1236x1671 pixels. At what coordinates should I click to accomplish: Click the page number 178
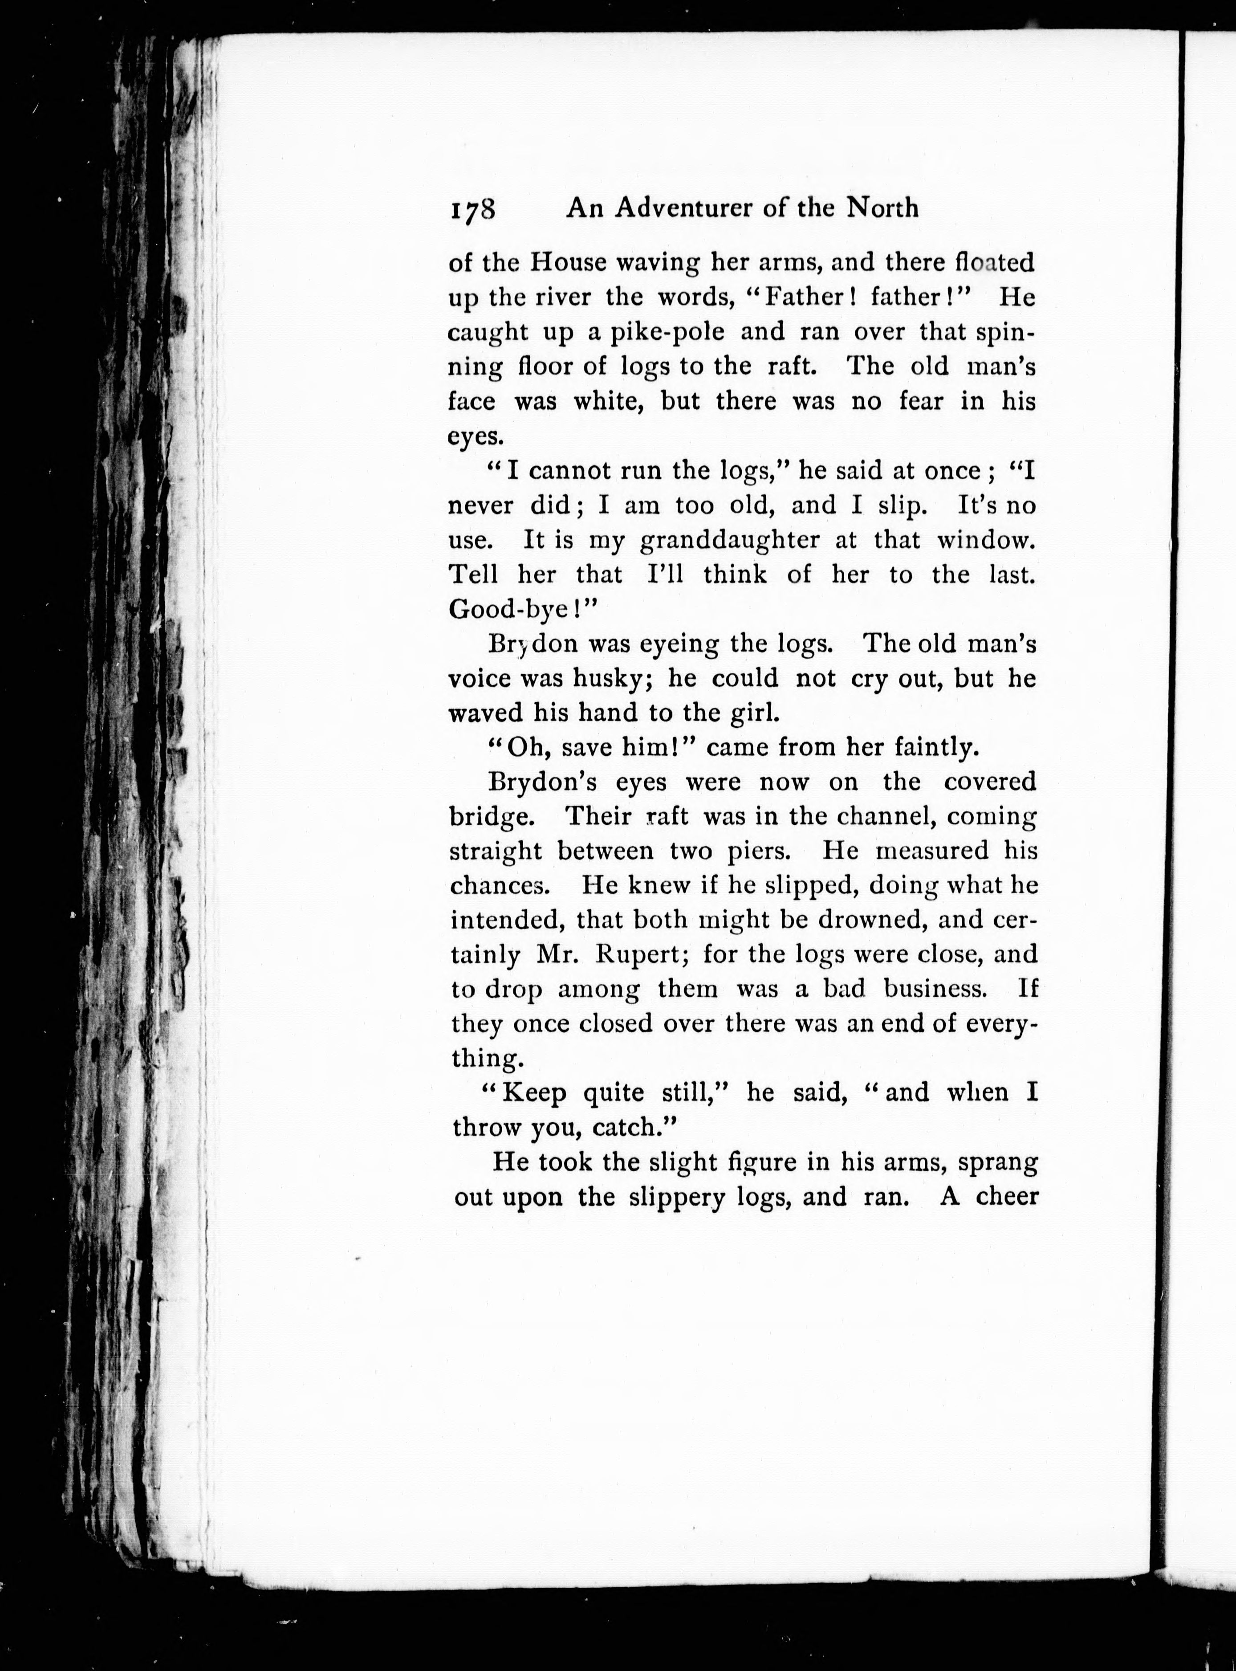pyautogui.click(x=473, y=209)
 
